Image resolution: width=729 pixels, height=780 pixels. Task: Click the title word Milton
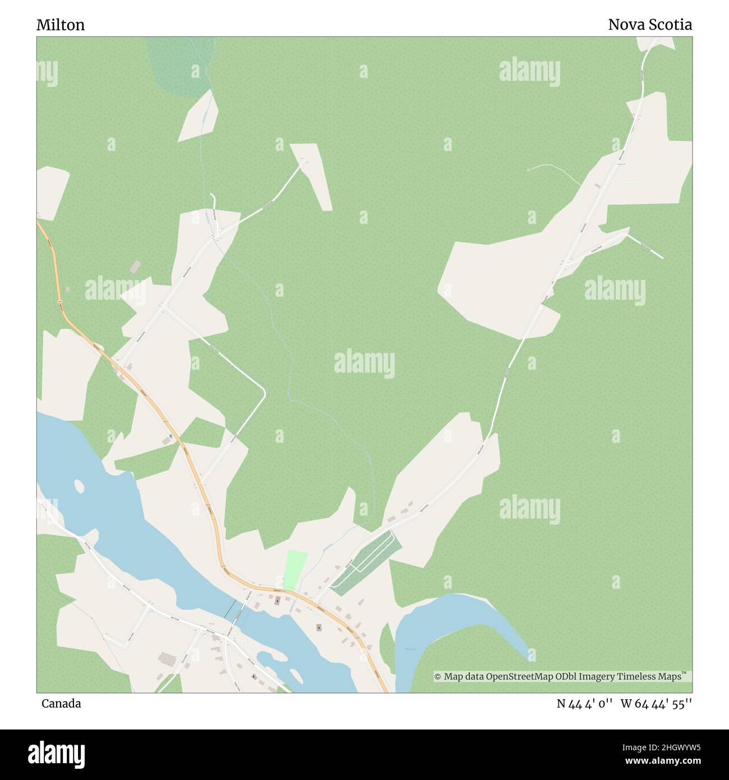(x=61, y=25)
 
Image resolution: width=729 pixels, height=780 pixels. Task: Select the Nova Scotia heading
(x=650, y=25)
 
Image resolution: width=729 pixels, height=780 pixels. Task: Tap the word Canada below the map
(x=61, y=704)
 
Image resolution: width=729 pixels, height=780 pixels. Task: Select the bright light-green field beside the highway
(x=296, y=570)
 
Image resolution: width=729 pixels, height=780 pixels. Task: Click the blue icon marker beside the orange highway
(x=170, y=436)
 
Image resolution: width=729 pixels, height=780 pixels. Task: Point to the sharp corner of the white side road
(x=264, y=388)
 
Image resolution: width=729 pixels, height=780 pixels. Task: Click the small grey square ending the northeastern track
(x=528, y=169)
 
